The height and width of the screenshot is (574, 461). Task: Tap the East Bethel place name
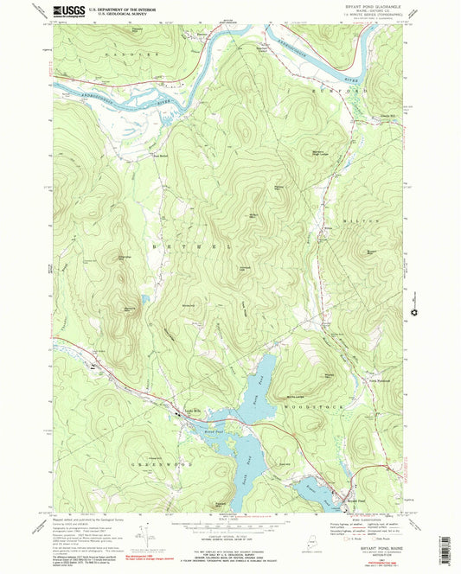pyautogui.click(x=162, y=156)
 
